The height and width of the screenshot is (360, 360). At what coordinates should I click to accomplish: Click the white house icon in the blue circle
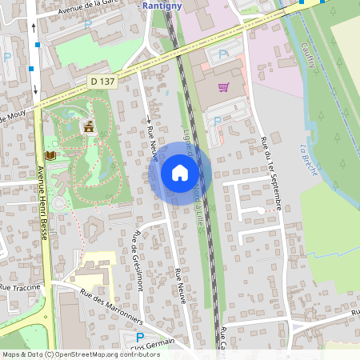[x=180, y=172]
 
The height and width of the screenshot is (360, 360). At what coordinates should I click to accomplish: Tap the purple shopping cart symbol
[x=223, y=87]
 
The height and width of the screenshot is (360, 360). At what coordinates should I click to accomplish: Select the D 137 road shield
[x=102, y=81]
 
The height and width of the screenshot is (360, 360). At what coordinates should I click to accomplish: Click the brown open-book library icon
[x=50, y=154]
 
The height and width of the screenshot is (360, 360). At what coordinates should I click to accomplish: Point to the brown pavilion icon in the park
[x=88, y=126]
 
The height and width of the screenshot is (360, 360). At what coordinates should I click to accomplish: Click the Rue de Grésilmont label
[x=139, y=261]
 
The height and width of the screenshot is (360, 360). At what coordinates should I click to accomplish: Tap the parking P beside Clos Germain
[x=139, y=338]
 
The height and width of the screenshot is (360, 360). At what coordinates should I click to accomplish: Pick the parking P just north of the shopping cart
[x=222, y=54]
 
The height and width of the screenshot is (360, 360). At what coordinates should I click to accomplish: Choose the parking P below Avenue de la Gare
[x=88, y=26]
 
